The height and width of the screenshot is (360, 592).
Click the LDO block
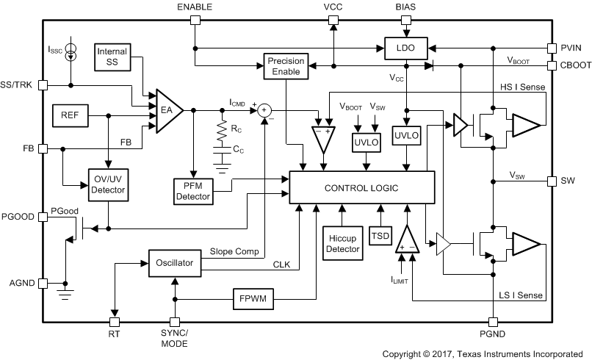point(405,48)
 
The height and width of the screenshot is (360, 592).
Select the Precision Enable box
point(285,68)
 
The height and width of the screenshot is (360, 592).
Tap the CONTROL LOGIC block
point(361,189)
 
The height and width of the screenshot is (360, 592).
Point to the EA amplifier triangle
point(167,111)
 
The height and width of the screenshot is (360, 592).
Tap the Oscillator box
point(174,262)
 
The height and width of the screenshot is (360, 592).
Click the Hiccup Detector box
point(342,243)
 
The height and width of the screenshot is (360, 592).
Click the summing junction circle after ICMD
point(263,110)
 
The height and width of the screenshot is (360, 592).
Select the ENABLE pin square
point(195,21)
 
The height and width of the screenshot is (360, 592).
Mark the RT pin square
point(114,322)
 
